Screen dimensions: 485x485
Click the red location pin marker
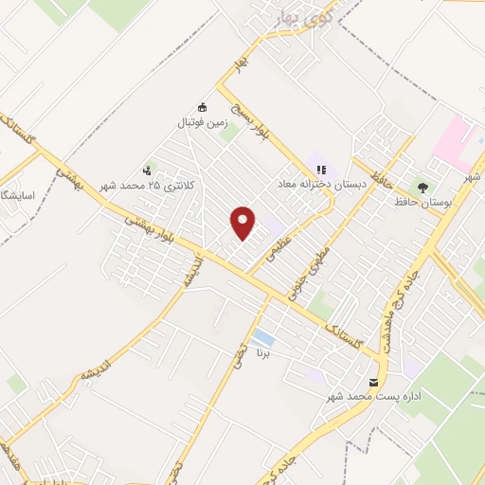pyautogui.click(x=244, y=222)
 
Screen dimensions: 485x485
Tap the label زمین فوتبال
pyautogui.click(x=201, y=123)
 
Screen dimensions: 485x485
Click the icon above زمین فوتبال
pyautogui.click(x=201, y=107)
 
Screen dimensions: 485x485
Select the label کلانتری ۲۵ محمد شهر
pyautogui.click(x=151, y=186)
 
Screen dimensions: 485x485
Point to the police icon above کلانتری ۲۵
pyautogui.click(x=147, y=171)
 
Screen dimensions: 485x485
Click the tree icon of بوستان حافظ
pyautogui.click(x=422, y=187)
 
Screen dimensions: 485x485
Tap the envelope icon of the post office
pyautogui.click(x=372, y=382)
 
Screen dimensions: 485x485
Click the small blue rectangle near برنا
pyautogui.click(x=263, y=338)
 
